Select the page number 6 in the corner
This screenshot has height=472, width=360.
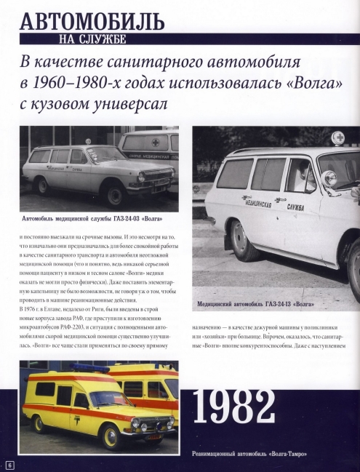9,463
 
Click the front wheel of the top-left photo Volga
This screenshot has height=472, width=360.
116,194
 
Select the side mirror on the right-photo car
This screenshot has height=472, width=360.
329,179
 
